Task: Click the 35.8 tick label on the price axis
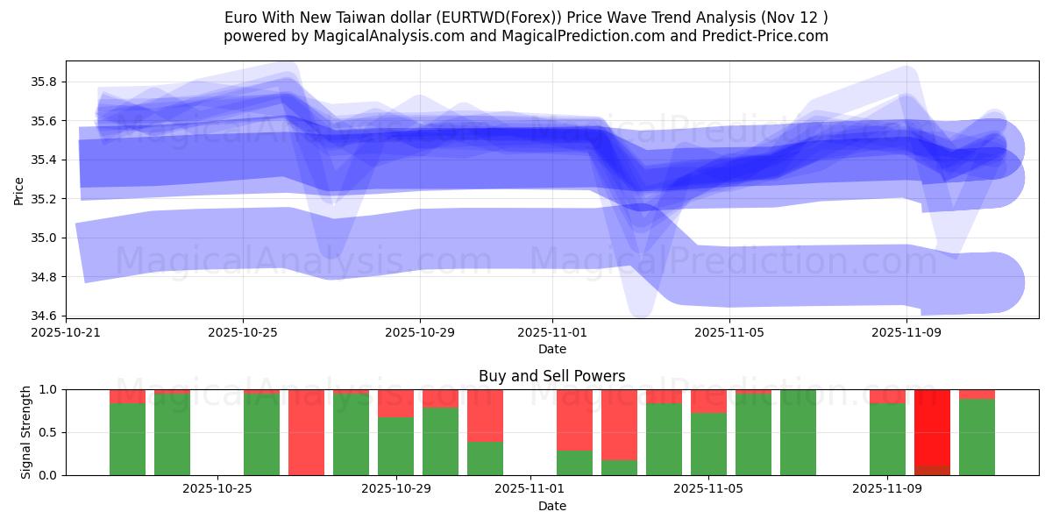point(44,82)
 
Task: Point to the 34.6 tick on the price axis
point(44,316)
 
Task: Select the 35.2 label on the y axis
point(44,199)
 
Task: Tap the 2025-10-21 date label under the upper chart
point(66,332)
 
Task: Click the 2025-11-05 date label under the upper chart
point(729,332)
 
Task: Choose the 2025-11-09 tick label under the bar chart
point(887,488)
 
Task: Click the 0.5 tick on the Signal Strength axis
point(48,432)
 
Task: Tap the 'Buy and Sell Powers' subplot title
point(551,376)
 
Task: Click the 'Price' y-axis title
point(19,190)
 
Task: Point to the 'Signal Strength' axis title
point(26,432)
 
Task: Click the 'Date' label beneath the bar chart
point(551,506)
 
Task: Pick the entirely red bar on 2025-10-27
point(306,432)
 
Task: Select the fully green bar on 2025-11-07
point(798,432)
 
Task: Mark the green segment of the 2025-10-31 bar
point(485,458)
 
